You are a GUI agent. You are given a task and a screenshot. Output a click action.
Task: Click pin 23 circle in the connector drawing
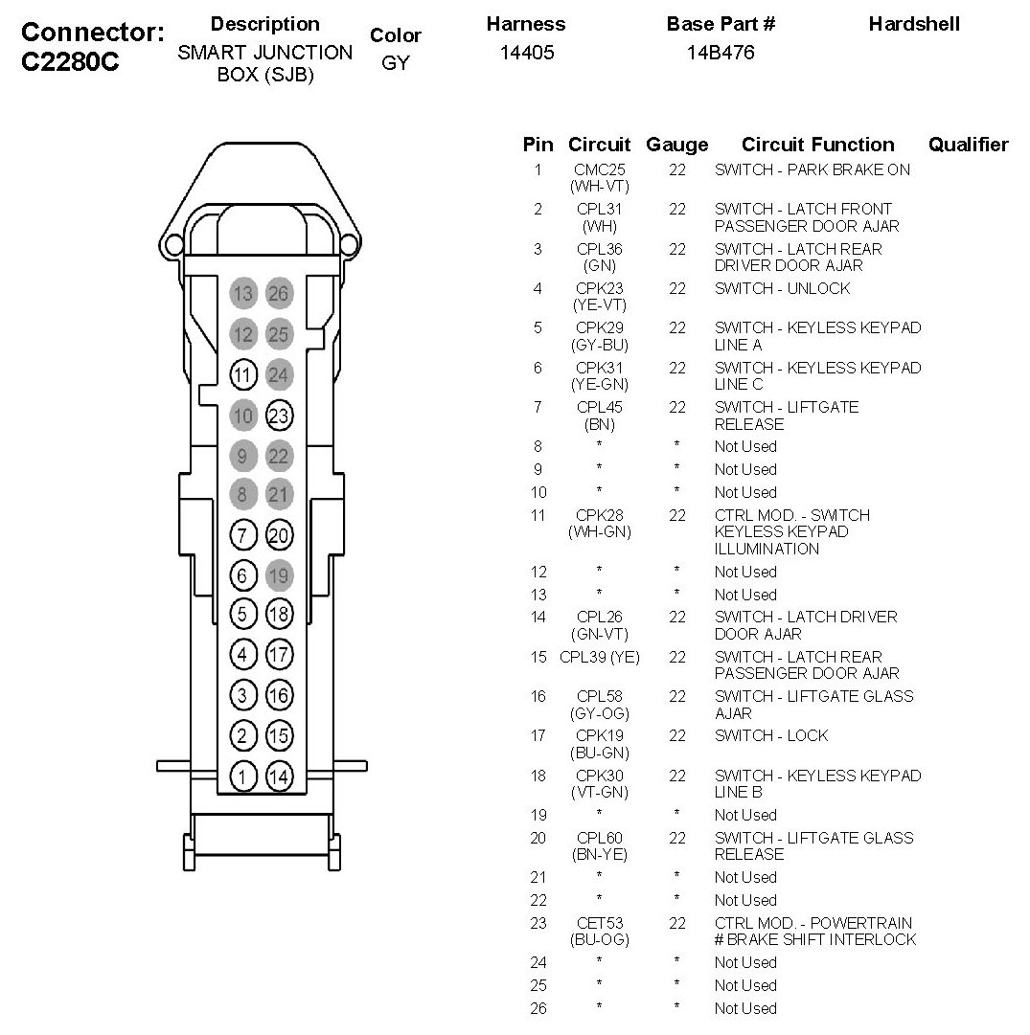click(x=279, y=416)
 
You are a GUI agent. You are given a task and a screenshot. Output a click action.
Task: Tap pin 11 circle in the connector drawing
click(x=244, y=374)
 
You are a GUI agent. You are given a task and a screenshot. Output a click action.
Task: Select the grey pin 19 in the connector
click(x=279, y=575)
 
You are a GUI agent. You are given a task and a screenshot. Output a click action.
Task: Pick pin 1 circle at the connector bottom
click(x=244, y=776)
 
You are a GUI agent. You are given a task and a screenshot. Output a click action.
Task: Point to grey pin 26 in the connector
click(x=279, y=294)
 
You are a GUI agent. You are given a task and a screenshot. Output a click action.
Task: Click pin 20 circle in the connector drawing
click(x=279, y=535)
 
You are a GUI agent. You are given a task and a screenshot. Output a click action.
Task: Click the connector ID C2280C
click(x=70, y=65)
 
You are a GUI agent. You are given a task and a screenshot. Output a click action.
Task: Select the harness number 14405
click(x=527, y=53)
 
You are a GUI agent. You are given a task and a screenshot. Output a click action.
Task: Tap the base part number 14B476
click(x=721, y=53)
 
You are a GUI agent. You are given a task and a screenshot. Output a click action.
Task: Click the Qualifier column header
click(x=968, y=145)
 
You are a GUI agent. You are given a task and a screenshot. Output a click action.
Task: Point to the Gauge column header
click(x=677, y=145)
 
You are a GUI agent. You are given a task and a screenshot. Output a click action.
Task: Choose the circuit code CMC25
click(x=599, y=169)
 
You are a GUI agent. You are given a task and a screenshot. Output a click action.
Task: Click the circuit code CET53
click(x=599, y=923)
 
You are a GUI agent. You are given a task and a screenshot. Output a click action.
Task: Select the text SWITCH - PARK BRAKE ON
click(x=813, y=169)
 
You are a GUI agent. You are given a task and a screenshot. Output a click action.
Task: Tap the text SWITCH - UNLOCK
click(x=782, y=288)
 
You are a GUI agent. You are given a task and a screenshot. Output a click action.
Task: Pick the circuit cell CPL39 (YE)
click(x=599, y=657)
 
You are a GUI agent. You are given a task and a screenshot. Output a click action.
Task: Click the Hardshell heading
click(x=914, y=24)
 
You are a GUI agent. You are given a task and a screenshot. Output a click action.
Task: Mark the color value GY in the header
click(x=395, y=64)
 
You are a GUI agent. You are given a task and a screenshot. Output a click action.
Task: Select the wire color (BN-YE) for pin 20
click(x=599, y=854)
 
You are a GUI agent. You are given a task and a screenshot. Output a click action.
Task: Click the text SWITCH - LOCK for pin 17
click(x=771, y=735)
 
